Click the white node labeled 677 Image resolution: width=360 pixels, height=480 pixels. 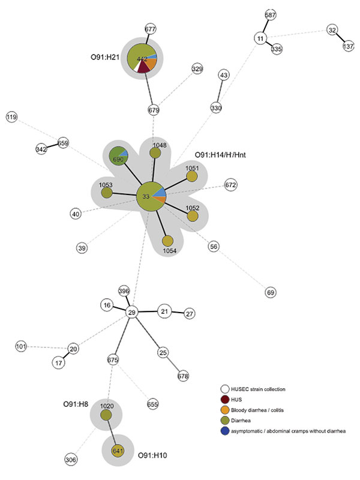150,29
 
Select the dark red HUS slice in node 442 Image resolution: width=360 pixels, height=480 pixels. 143,67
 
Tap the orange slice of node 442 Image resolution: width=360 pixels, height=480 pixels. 151,64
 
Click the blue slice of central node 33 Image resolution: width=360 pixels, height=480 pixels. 160,191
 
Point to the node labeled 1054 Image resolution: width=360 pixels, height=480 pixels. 168,241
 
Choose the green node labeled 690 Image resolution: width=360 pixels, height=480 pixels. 118,156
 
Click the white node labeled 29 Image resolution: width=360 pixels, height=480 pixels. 131,312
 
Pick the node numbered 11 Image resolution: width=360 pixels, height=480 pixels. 260,38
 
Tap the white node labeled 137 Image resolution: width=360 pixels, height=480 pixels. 348,46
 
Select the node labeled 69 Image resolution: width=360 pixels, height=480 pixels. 271,292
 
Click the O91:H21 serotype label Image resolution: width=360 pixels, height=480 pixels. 104,57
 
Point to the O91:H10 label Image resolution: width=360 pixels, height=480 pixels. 152,455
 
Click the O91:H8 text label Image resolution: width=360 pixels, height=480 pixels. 76,404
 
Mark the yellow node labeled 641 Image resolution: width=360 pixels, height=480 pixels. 118,451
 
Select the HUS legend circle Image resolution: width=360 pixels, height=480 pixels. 225,400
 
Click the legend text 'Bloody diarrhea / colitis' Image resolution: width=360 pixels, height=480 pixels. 257,410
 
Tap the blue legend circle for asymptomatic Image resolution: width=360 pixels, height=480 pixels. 225,431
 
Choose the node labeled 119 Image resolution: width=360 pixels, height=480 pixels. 11,116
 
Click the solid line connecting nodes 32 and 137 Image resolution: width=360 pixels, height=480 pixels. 340,38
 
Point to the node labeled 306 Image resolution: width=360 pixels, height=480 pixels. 71,460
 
